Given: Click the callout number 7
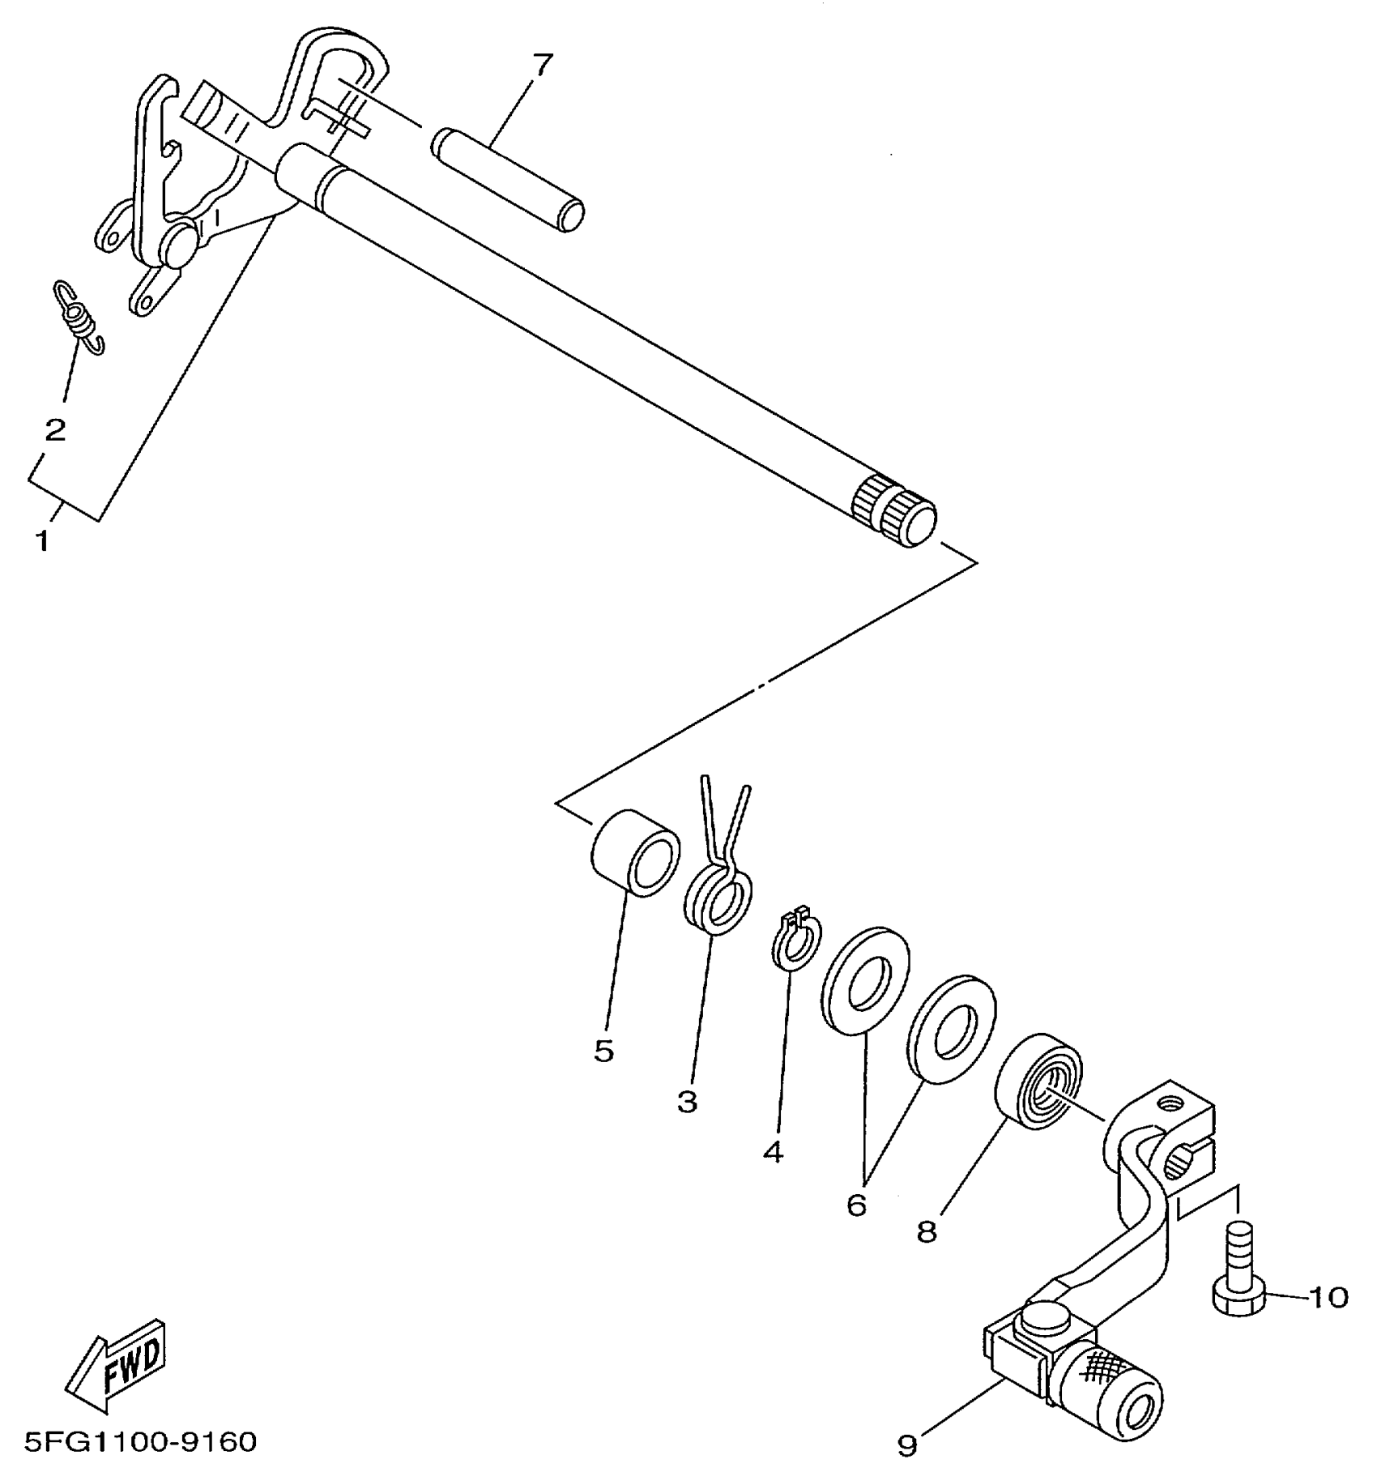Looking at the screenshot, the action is (x=542, y=65).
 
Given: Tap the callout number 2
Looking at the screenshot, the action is (x=55, y=429).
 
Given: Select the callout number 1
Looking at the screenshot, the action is (x=41, y=540).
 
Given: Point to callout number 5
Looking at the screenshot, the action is (x=603, y=1051).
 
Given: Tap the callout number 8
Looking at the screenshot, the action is (x=927, y=1232).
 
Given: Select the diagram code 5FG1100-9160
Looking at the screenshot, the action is (x=141, y=1442).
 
